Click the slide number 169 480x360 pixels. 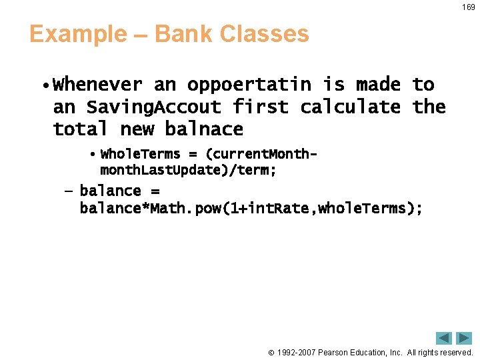[469, 7]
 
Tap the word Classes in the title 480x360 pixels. [266, 34]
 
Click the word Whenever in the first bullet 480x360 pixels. [97, 85]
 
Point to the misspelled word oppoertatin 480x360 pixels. [249, 85]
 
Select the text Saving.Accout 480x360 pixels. [153, 107]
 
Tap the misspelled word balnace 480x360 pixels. [204, 129]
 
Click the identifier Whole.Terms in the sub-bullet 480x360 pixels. [140, 154]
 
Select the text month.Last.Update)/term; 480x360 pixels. [188, 171]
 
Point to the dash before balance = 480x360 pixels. [67, 191]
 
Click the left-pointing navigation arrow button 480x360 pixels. [444, 338]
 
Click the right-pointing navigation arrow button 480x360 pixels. [464, 338]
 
